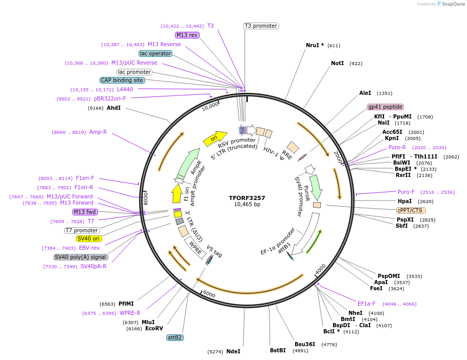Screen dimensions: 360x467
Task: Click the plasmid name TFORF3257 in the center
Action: (x=247, y=197)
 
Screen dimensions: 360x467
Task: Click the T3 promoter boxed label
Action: (x=261, y=26)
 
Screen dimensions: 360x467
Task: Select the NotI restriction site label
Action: (x=337, y=64)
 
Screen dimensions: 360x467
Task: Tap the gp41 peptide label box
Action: (x=385, y=107)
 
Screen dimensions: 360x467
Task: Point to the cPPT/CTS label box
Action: (x=411, y=210)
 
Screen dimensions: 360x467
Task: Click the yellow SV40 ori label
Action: (x=89, y=238)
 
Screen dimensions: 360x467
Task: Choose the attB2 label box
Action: (x=175, y=337)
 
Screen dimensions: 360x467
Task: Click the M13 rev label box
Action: (x=187, y=35)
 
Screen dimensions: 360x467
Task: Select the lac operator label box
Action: (x=155, y=53)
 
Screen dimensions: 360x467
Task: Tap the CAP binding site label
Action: (x=122, y=80)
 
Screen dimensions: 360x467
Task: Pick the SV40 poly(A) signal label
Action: (x=81, y=257)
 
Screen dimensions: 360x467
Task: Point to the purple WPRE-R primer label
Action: (x=130, y=313)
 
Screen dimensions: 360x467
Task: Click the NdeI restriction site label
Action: (x=233, y=351)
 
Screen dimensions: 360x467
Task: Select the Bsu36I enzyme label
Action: (x=305, y=344)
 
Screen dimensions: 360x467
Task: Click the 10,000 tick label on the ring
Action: (x=210, y=106)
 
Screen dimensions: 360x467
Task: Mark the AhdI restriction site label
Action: (x=113, y=108)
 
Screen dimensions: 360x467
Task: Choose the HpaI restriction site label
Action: (x=405, y=201)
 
